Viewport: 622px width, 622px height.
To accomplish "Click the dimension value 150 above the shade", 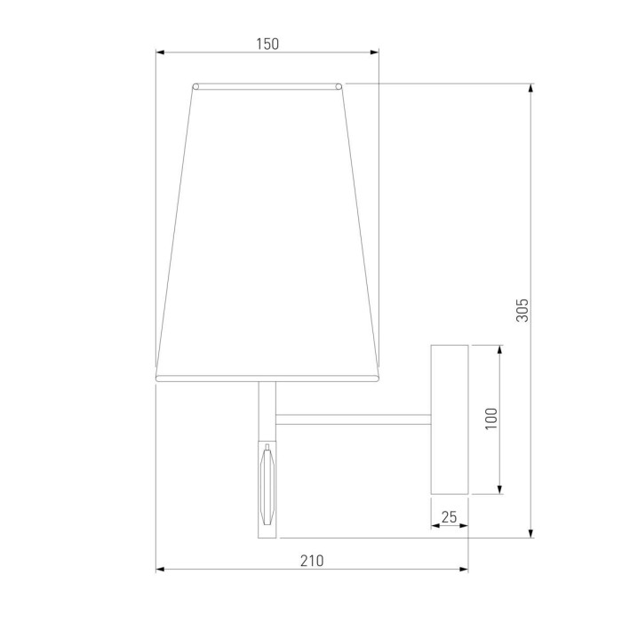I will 267,44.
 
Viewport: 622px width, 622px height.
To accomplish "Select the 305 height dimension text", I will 522,309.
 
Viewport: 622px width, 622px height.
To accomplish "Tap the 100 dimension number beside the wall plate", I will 491,419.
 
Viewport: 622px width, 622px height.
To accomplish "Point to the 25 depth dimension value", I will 450,515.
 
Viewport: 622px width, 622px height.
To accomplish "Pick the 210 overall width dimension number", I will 311,560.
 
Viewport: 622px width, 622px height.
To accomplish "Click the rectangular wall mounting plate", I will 450,419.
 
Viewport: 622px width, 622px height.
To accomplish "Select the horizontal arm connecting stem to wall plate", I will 354,417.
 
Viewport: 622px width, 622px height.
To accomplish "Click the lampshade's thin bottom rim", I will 267,379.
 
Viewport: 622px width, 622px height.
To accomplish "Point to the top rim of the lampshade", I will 267,86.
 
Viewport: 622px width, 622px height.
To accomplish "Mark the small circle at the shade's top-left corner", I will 195,86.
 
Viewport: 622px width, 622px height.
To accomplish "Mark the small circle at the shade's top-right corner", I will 339,86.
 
